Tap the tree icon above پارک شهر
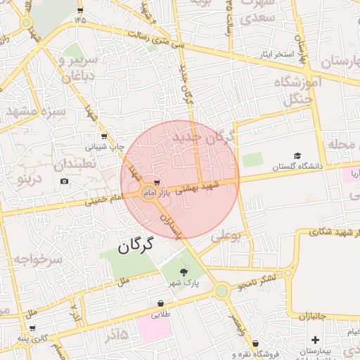tap(184, 272)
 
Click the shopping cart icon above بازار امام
tap(155, 184)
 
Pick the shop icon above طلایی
tap(161, 304)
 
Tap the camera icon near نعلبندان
tap(65, 181)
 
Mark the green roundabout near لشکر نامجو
tap(221, 290)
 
